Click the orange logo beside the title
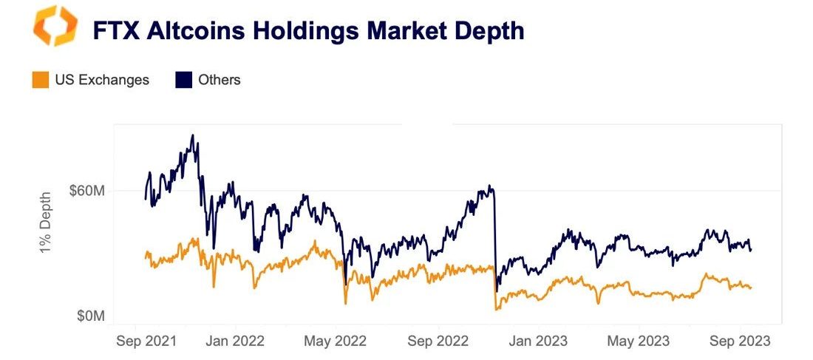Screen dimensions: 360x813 point(55,26)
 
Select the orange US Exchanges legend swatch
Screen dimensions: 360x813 point(41,80)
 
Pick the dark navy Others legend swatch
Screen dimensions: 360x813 point(183,80)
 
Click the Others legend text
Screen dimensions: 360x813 point(220,80)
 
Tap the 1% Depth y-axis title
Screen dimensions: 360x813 point(47,222)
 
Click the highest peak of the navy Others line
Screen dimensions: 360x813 point(193,136)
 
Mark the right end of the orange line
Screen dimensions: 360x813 point(751,288)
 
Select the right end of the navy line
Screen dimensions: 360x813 point(751,250)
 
